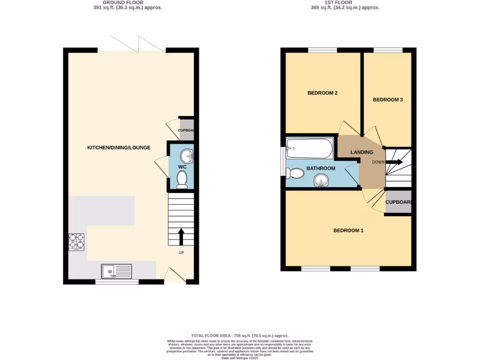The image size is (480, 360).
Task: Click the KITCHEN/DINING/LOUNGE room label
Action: pyautogui.click(x=119, y=148)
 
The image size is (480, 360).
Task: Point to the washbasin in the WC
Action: pyautogui.click(x=186, y=154)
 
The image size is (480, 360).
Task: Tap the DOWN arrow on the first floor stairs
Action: pyautogui.click(x=393, y=162)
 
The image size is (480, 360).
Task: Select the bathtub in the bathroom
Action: pyautogui.click(x=309, y=149)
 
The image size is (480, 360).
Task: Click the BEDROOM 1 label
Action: pyautogui.click(x=348, y=231)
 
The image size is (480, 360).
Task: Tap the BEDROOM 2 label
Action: pyautogui.click(x=322, y=93)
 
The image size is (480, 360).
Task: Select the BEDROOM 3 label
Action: pyautogui.click(x=388, y=100)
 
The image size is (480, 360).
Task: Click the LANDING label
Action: pyautogui.click(x=362, y=152)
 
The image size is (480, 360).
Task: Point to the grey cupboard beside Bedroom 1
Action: pyautogui.click(x=398, y=202)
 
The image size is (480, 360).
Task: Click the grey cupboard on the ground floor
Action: pyautogui.click(x=187, y=131)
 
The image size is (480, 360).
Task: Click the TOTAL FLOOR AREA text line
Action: pyautogui.click(x=240, y=336)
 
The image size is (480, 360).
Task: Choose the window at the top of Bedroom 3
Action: pyautogui.click(x=388, y=50)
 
